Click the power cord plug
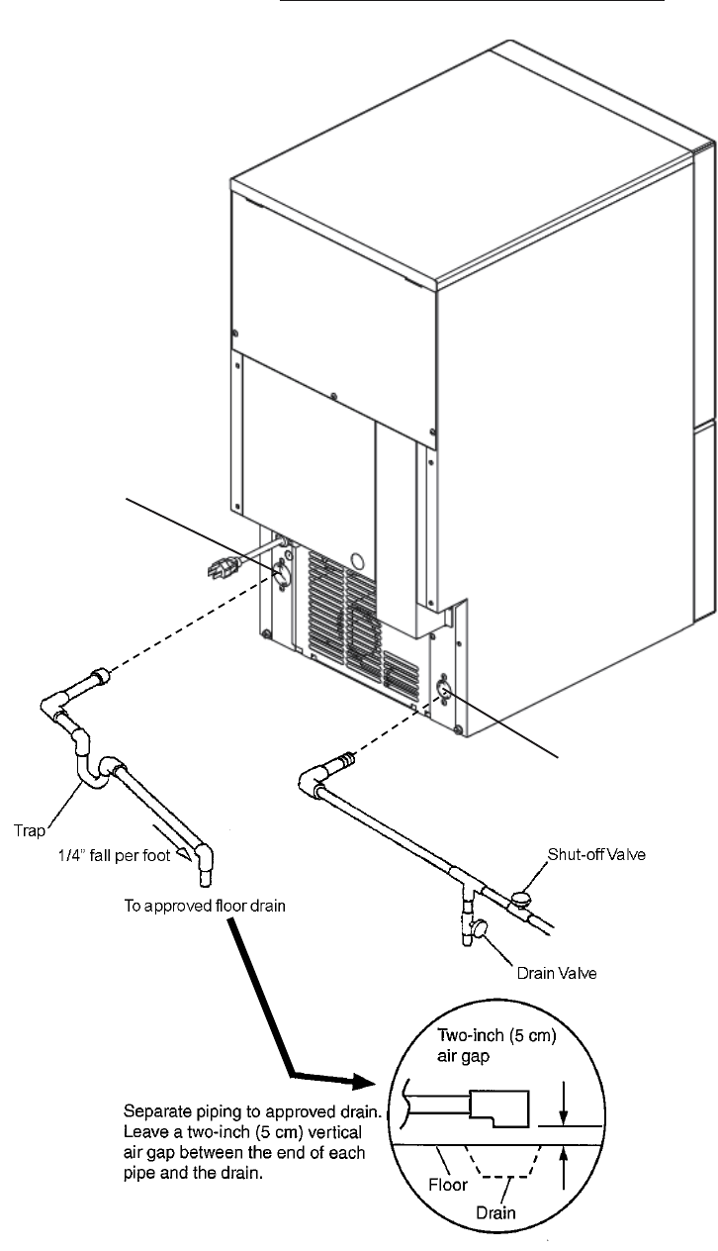click(x=224, y=568)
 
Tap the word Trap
click(x=30, y=830)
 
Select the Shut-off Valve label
click(x=596, y=854)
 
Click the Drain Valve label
click(x=557, y=973)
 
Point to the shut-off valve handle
click(x=521, y=898)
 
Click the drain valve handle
click(x=480, y=928)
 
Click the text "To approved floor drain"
click(x=205, y=906)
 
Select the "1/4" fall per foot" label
click(x=115, y=855)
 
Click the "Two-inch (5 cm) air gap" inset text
click(x=496, y=1045)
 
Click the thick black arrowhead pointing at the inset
click(x=363, y=1082)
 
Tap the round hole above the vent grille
click(x=357, y=560)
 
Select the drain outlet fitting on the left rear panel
click(x=282, y=575)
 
